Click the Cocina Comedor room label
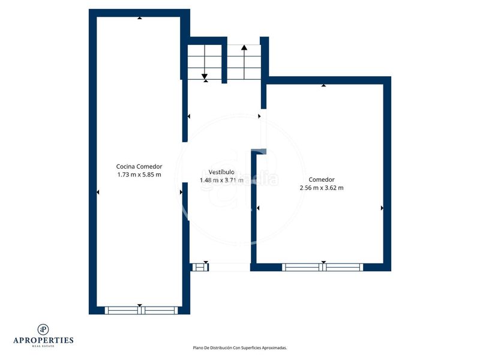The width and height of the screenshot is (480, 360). tap(139, 167)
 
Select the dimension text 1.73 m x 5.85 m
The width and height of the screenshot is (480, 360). tap(139, 175)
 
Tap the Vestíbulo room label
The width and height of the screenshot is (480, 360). tap(221, 172)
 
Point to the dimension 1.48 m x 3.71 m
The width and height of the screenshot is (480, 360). tap(221, 180)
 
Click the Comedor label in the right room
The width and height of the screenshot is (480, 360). tap(322, 179)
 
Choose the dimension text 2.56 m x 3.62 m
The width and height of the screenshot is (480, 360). tap(322, 188)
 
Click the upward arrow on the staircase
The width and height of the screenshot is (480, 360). tap(244, 47)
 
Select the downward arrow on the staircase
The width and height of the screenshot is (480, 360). tap(205, 76)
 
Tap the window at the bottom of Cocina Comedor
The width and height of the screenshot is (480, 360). tap(142, 310)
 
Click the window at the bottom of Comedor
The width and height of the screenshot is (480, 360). tap(323, 267)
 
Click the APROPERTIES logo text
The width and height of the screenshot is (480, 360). tap(43, 340)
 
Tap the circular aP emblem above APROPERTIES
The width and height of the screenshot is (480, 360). tap(43, 329)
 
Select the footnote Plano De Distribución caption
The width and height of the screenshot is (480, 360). tap(240, 347)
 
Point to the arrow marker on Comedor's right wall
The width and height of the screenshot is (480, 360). tap(382, 208)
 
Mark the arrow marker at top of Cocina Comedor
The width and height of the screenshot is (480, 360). tap(140, 18)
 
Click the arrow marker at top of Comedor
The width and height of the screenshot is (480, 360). tap(323, 85)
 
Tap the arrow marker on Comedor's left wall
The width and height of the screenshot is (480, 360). tap(258, 208)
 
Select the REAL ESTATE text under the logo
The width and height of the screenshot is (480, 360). tap(43, 346)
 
